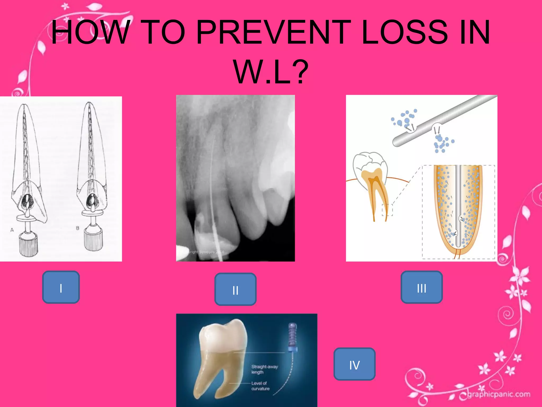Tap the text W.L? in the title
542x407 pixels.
pos(271,72)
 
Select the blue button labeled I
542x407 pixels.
pos(61,287)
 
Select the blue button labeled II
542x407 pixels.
pos(235,289)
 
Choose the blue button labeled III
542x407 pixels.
pos(422,287)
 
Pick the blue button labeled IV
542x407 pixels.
pos(354,364)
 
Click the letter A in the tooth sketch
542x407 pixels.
pos(12,230)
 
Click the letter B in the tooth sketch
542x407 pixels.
pos(78,228)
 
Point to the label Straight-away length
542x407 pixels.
pos(264,369)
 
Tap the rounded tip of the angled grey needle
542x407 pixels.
pos(397,142)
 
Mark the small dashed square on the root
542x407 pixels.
pos(387,210)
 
